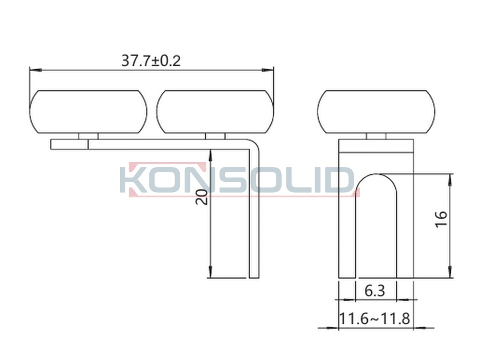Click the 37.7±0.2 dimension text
pyautogui.click(x=151, y=61)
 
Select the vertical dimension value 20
pyautogui.click(x=202, y=197)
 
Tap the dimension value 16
pyautogui.click(x=441, y=219)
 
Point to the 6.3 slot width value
pyautogui.click(x=375, y=291)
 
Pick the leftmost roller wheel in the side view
pyautogui.click(x=88, y=112)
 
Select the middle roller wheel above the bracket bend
pyautogui.click(x=215, y=112)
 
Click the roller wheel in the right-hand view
pyautogui.click(x=376, y=112)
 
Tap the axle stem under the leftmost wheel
pyautogui.click(x=89, y=136)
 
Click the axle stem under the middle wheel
pyautogui.click(x=215, y=136)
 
